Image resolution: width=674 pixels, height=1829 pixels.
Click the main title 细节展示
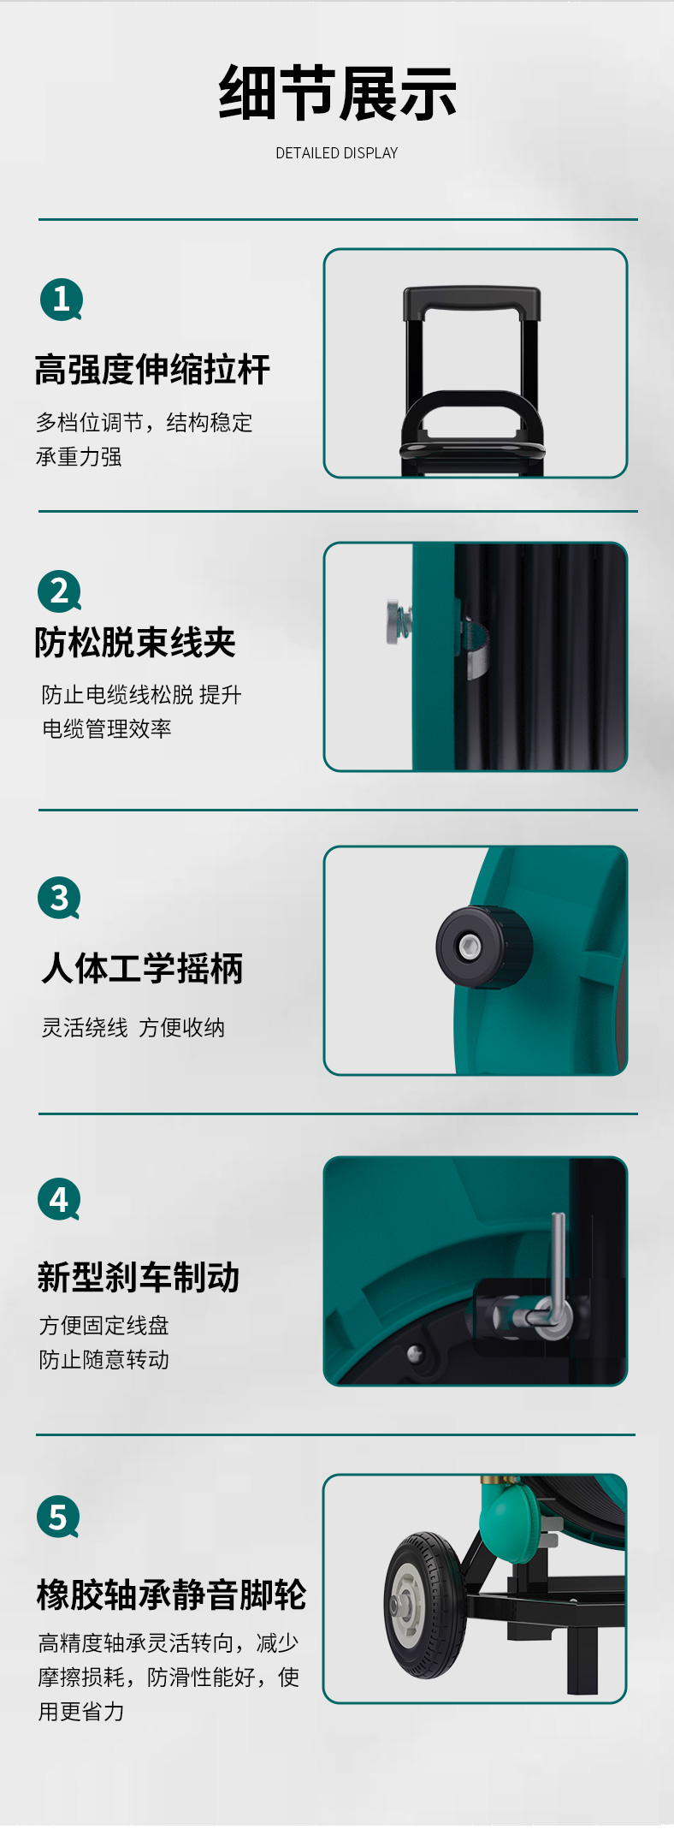click(337, 93)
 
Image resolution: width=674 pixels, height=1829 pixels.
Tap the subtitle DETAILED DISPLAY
click(337, 153)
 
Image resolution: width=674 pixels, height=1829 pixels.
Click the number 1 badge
click(62, 300)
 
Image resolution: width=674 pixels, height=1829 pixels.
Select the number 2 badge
click(60, 591)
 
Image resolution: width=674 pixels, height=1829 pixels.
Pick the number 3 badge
click(59, 898)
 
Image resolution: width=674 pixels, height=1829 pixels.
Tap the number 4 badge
click(59, 1200)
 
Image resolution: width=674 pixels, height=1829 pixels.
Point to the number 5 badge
click(58, 1517)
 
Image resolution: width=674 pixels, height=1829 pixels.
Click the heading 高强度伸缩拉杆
click(152, 370)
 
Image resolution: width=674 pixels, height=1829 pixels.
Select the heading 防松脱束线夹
click(135, 643)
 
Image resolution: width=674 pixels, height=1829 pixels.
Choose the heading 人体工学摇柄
click(142, 969)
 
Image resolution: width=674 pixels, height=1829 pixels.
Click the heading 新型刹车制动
click(139, 1277)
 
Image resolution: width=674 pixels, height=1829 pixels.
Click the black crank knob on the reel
click(484, 947)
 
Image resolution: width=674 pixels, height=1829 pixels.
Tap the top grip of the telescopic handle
click(471, 302)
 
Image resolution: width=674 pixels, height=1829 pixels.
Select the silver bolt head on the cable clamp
click(395, 622)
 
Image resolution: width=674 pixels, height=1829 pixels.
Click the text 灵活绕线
click(85, 1028)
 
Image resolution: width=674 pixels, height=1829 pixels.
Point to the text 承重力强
click(79, 457)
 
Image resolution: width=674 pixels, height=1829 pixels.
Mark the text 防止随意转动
click(104, 1360)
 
